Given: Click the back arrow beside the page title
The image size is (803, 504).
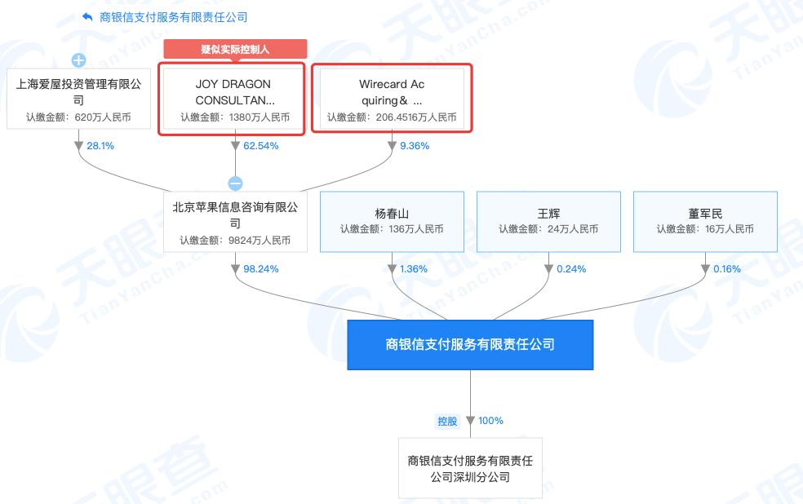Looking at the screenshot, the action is [87, 17].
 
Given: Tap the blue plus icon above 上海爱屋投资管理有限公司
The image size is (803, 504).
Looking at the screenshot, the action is [78, 60].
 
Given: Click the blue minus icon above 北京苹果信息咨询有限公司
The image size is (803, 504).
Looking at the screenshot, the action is [235, 183].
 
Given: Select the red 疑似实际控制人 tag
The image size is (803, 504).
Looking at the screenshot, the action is [235, 49].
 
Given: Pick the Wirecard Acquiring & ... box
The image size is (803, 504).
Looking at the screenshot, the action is [392, 98].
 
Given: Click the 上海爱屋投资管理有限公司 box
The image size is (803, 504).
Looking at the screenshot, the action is [79, 99].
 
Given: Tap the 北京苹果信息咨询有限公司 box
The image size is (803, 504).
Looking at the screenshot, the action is [235, 222].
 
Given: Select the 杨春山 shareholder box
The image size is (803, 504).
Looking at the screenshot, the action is [392, 222].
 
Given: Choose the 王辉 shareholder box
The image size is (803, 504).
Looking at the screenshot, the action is [548, 222].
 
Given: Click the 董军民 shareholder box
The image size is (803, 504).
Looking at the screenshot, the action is [705, 222].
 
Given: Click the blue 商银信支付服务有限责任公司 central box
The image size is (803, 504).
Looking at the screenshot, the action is [470, 344].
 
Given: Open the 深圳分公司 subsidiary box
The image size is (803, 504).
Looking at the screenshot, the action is [470, 467].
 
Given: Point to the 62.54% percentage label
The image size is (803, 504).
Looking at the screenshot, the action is [260, 146].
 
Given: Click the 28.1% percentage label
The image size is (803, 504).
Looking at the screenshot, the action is [100, 146].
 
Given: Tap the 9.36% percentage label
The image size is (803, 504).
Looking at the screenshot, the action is [415, 146].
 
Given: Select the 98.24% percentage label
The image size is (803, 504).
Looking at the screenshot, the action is [260, 268].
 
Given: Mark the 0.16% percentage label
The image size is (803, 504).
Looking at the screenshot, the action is [726, 268].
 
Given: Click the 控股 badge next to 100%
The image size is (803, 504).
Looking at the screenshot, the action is [447, 421].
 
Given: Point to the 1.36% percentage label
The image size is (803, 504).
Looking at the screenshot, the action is [413, 268].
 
